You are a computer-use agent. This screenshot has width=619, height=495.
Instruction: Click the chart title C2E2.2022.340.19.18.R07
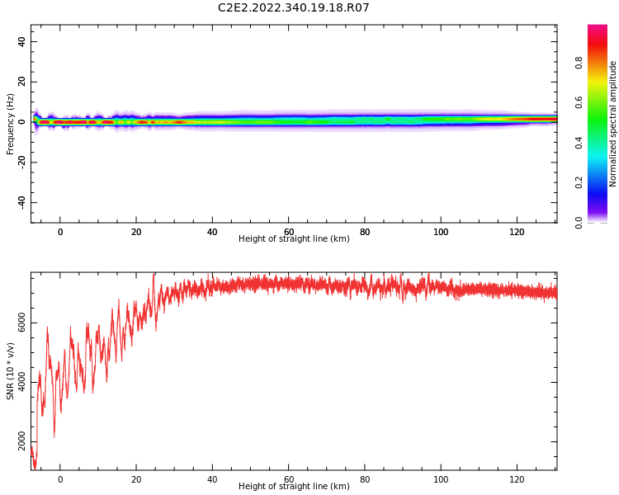click(x=293, y=7)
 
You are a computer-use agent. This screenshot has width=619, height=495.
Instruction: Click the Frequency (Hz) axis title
click(x=10, y=124)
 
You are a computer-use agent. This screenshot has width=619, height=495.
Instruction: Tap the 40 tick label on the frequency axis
click(x=21, y=41)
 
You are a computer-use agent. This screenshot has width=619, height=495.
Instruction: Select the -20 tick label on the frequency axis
click(x=21, y=162)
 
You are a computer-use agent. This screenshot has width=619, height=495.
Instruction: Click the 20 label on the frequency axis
click(x=21, y=82)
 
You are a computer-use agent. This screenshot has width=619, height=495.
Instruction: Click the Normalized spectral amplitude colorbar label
click(x=612, y=124)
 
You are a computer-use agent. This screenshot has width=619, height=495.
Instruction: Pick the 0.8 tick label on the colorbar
click(x=579, y=63)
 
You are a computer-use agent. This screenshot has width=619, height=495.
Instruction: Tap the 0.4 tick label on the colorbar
click(x=579, y=143)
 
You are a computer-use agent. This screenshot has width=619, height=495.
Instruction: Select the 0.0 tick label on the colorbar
click(x=579, y=222)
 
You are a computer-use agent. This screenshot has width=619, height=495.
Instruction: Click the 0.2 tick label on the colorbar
click(x=579, y=182)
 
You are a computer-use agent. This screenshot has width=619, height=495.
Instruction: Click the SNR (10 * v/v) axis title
click(x=10, y=371)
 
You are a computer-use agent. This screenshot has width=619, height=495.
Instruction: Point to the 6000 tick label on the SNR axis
click(x=21, y=323)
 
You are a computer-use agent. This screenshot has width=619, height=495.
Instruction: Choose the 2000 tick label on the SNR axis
click(x=21, y=441)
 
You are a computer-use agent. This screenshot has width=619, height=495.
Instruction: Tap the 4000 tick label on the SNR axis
click(x=21, y=382)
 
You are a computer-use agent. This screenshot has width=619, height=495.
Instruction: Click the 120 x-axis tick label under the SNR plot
click(x=517, y=479)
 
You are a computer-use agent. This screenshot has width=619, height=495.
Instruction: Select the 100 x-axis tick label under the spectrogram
click(x=441, y=232)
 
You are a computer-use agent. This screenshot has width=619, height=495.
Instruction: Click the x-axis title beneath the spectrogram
click(x=294, y=238)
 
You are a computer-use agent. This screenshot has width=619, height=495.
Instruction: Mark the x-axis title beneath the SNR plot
click(x=294, y=486)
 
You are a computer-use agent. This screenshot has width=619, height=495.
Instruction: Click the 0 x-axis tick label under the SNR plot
click(x=60, y=479)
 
